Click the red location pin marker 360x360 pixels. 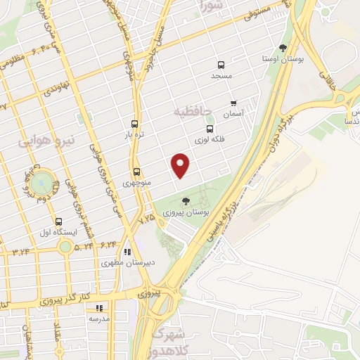point(181,165)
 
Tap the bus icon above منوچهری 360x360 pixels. point(136,172)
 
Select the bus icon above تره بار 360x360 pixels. point(134,122)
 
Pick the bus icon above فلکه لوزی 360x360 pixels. point(210,129)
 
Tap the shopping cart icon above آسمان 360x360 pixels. point(233,102)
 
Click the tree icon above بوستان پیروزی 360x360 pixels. point(185,201)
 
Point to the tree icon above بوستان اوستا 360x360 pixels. point(283,48)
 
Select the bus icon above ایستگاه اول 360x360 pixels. point(58,221)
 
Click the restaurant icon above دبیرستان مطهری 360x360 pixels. point(127,252)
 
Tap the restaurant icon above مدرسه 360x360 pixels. point(99,307)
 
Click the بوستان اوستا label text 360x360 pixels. point(283,58)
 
